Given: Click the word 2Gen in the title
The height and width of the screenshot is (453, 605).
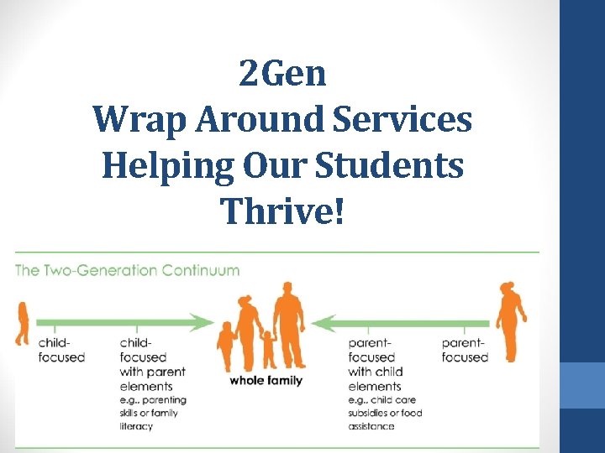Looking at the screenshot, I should [x=282, y=75].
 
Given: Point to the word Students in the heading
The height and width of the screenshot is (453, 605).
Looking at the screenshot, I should [x=399, y=165].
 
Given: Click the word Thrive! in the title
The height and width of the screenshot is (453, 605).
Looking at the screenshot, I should [x=282, y=211].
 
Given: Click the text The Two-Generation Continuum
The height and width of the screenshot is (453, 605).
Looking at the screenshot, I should [x=128, y=271].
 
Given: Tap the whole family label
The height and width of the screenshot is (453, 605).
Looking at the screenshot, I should [x=266, y=381].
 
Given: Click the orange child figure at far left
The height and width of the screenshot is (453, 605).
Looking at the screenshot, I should [x=22, y=322].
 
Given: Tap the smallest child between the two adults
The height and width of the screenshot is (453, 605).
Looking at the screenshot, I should [x=268, y=348].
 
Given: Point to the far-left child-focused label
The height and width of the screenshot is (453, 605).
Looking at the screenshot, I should [x=61, y=350].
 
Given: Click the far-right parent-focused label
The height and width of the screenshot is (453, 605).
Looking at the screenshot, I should [x=465, y=350].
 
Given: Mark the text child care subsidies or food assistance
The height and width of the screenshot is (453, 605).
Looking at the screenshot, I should [x=385, y=413].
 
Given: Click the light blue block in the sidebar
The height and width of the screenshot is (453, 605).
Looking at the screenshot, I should [x=582, y=385].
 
